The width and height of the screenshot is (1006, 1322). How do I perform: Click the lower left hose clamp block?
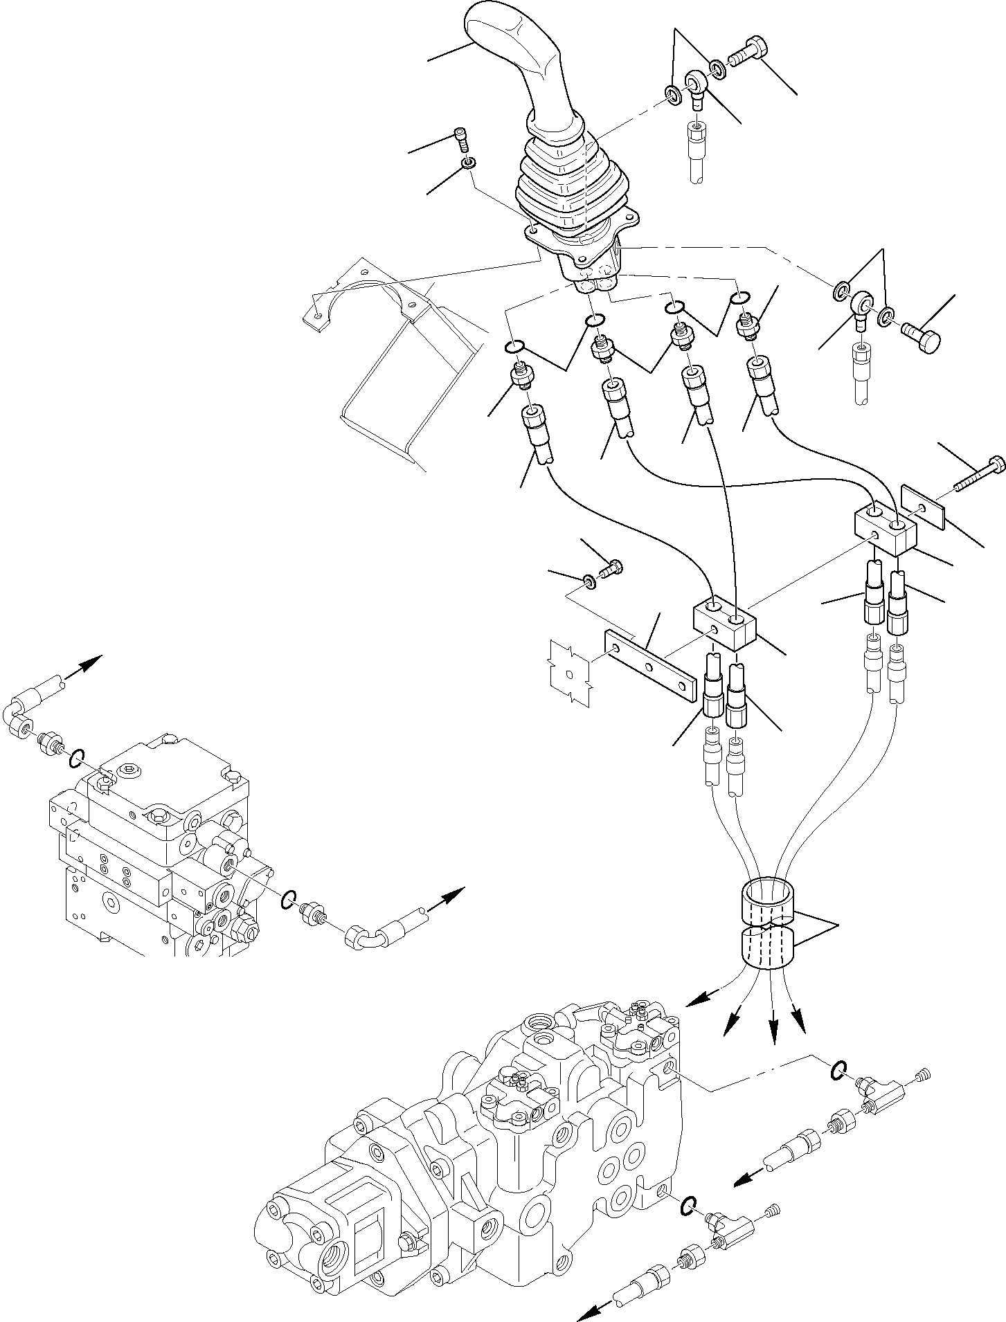(724, 622)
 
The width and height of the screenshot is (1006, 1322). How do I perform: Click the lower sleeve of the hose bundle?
(767, 948)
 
